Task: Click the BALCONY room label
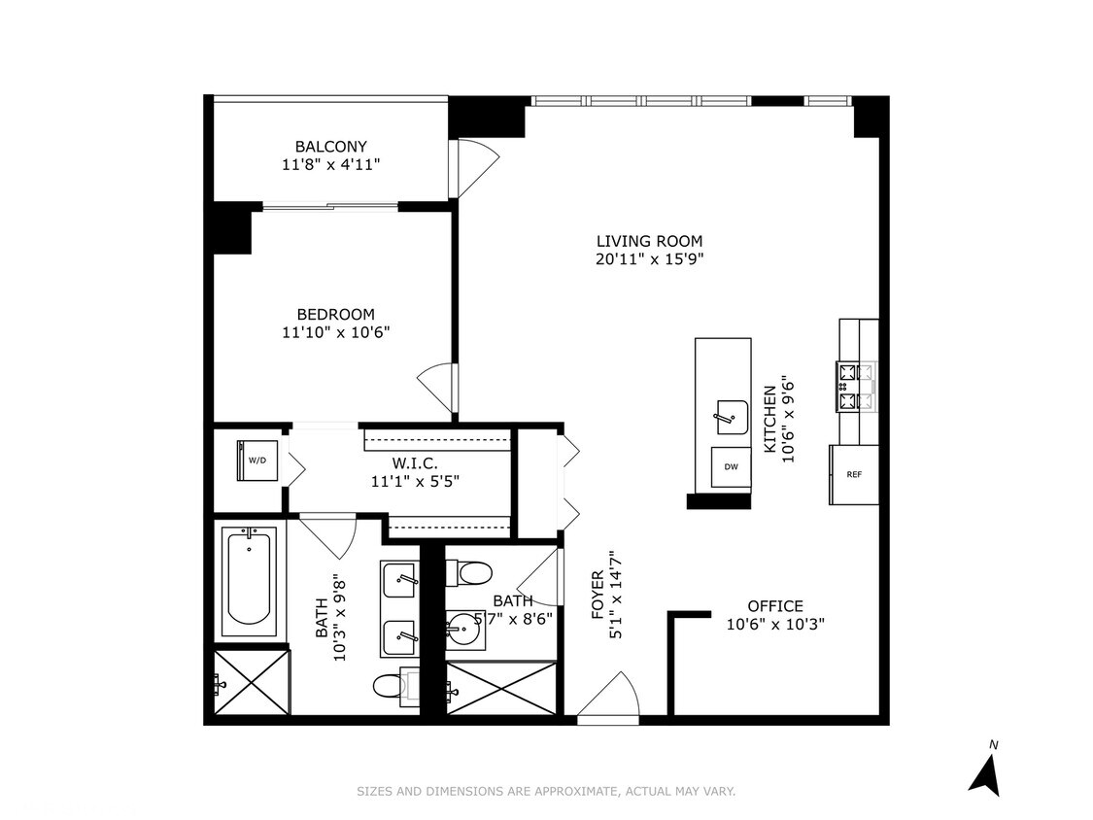[330, 147]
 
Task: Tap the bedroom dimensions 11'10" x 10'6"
[335, 332]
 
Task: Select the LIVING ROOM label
[650, 241]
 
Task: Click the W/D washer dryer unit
[257, 461]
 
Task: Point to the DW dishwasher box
[731, 466]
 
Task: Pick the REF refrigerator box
[854, 474]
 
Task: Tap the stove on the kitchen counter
[856, 387]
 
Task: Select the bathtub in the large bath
[250, 582]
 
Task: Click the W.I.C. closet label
[415, 463]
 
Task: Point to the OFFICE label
[775, 606]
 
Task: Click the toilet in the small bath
[469, 573]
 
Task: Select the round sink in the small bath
[462, 631]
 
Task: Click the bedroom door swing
[437, 388]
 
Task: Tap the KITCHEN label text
[769, 420]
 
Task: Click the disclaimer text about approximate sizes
[546, 792]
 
